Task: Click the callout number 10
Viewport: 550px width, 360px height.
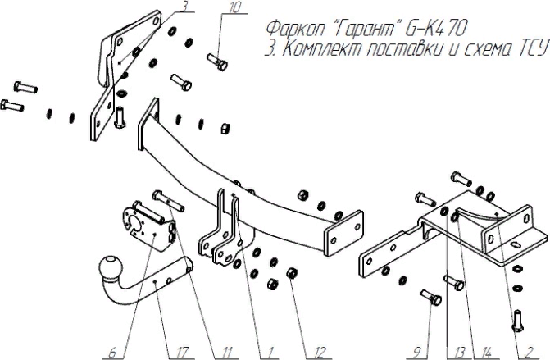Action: point(235,8)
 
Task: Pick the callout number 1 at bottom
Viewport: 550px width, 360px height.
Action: point(266,353)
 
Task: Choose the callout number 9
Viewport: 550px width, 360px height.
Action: point(417,353)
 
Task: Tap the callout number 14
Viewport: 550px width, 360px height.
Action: point(487,353)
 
